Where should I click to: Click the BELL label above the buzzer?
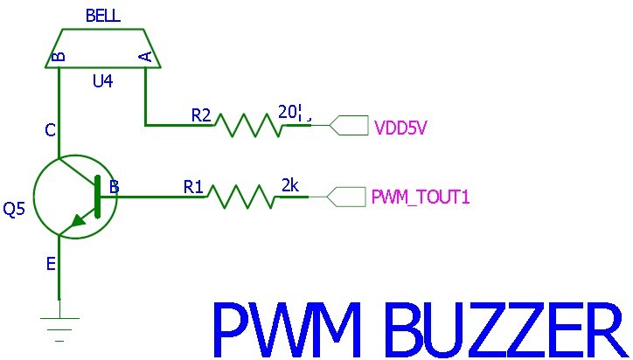(x=103, y=17)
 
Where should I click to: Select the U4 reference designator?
(x=102, y=82)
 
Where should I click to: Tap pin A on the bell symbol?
(x=146, y=57)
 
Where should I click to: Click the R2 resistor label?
(x=201, y=114)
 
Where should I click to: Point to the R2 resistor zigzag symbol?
(x=249, y=125)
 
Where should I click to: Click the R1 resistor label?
(x=193, y=186)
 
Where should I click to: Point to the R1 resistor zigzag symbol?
(x=240, y=197)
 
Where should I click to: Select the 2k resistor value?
(x=290, y=185)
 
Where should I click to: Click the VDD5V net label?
(x=400, y=128)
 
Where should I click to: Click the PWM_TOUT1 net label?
(x=421, y=197)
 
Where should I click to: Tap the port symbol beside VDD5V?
(x=349, y=126)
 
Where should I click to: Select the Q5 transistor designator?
(x=15, y=210)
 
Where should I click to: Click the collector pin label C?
(x=51, y=131)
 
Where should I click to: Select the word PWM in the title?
(x=284, y=329)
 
